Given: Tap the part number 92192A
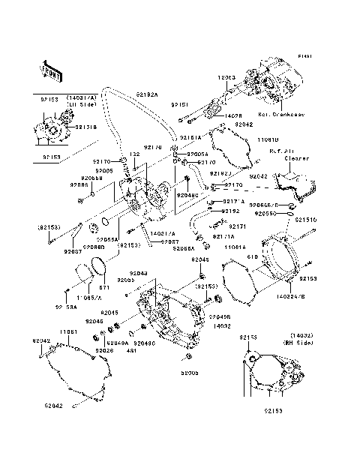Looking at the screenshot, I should tap(148, 95).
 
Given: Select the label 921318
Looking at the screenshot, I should tap(87, 127).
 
